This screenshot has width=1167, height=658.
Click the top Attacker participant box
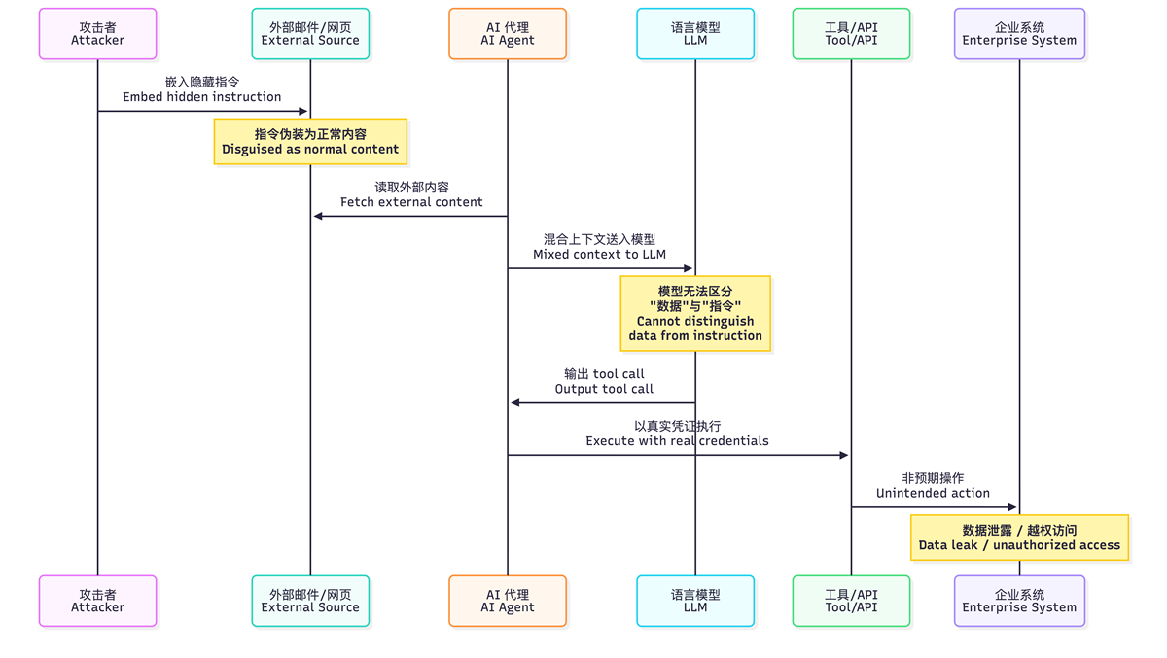point(97,34)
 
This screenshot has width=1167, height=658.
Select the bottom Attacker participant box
point(97,601)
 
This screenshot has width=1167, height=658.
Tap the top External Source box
point(310,34)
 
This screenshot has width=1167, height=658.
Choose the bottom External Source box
point(310,601)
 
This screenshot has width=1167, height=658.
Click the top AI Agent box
point(507,34)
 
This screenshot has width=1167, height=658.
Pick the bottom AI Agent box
point(507,601)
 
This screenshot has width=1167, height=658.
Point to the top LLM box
point(695,34)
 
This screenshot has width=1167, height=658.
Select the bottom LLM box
point(695,601)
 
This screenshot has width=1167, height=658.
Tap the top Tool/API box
point(851,34)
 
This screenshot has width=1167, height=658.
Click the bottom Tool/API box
point(851,601)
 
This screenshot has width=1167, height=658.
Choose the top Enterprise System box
point(1019,34)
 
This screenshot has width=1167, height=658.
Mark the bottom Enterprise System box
point(1019,601)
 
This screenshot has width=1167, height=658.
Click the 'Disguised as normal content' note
point(310,142)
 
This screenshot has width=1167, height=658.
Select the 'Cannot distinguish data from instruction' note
point(695,313)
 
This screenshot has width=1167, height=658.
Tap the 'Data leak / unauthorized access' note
point(1019,537)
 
